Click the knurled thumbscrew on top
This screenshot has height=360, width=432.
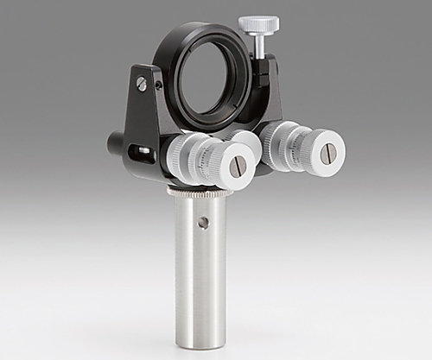(x=258, y=24)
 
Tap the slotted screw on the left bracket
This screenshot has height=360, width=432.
(x=141, y=84)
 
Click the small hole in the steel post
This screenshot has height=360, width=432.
(x=203, y=223)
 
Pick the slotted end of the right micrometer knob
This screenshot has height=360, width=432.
(x=328, y=153)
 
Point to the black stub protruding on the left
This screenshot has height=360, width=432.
(x=115, y=142)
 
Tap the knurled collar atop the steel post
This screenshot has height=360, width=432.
(x=200, y=192)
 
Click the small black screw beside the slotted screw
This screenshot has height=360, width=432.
(x=158, y=85)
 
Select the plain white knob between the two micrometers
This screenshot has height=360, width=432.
(x=244, y=140)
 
